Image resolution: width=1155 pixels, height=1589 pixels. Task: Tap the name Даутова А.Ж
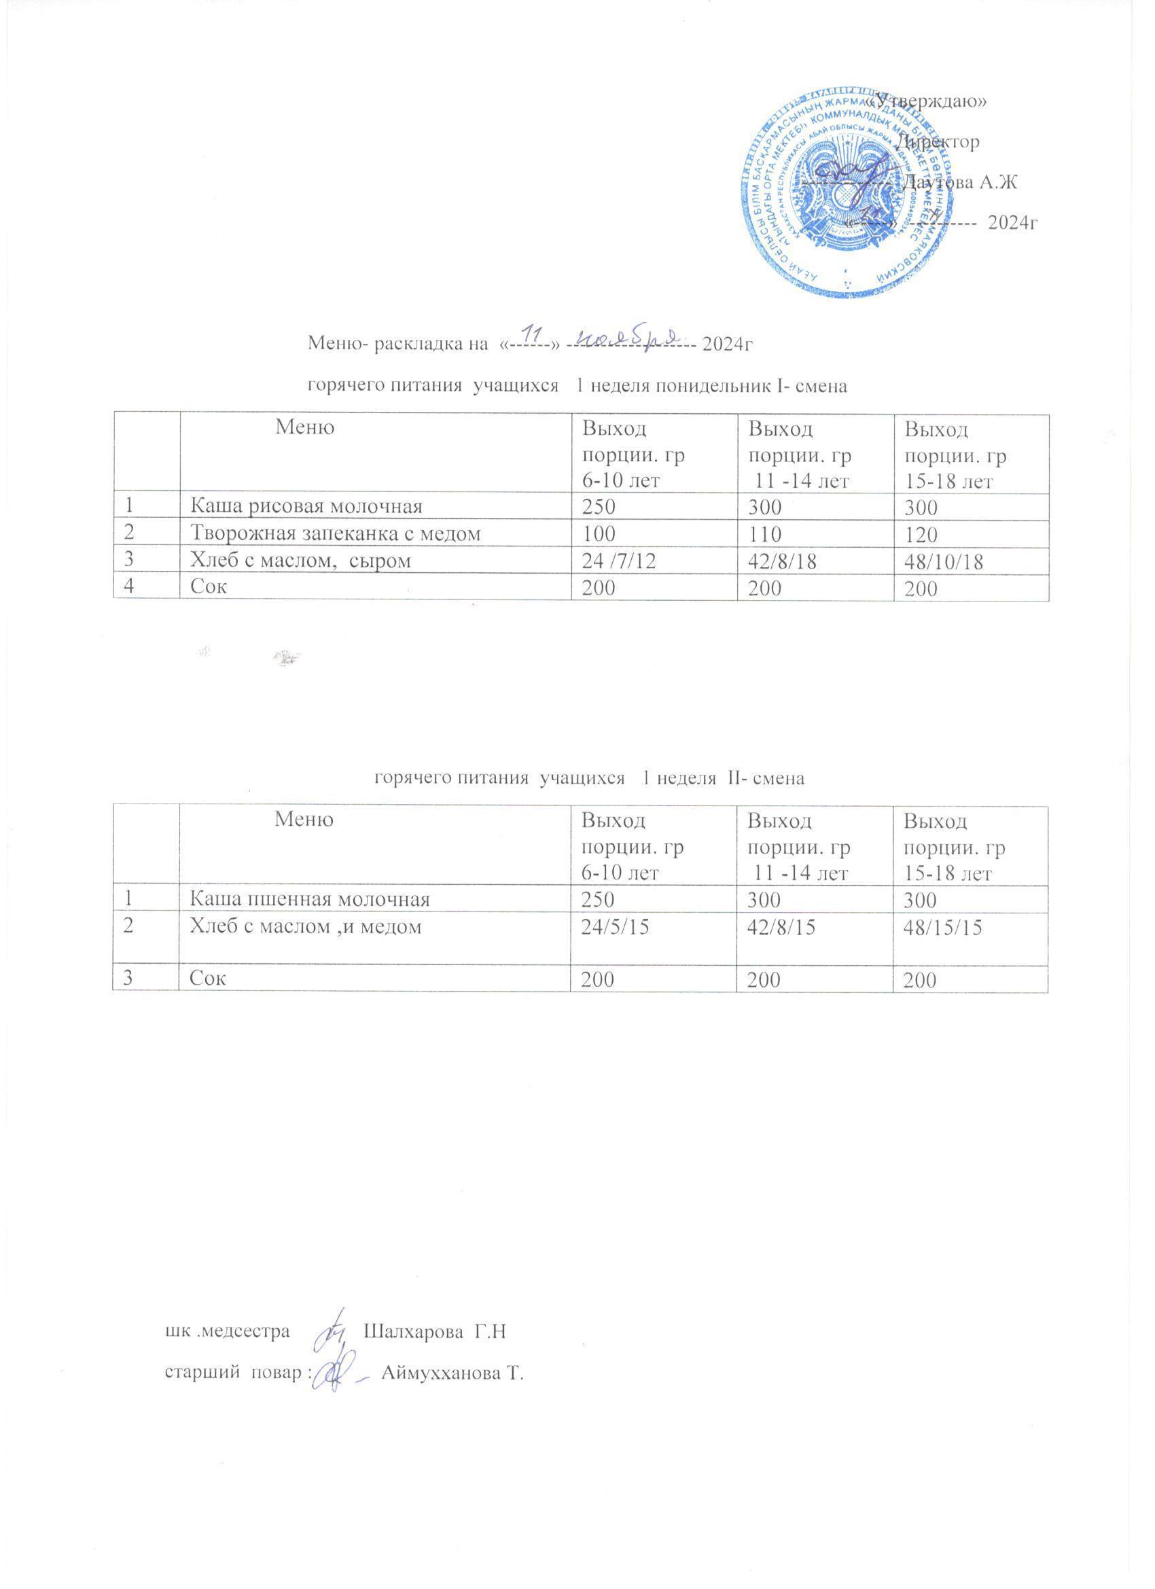tap(959, 183)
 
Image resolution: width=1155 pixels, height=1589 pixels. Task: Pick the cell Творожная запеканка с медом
tap(337, 536)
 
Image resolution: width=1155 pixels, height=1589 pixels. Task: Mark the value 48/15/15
tap(943, 928)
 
